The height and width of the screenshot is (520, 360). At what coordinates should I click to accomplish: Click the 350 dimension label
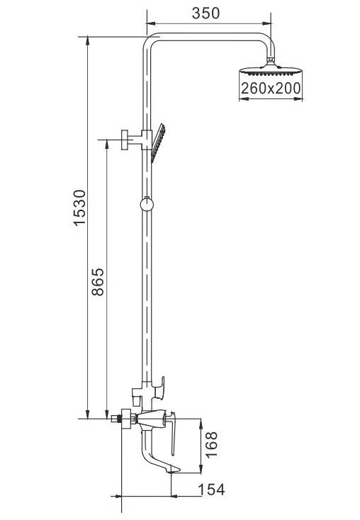pos(206,13)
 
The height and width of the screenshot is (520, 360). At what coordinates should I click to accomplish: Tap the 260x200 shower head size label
pos(271,89)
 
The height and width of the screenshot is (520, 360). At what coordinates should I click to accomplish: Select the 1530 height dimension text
pos(79,208)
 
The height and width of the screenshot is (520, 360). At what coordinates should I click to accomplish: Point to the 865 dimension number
pos(98,282)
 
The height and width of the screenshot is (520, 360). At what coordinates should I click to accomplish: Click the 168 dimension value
pos(211,445)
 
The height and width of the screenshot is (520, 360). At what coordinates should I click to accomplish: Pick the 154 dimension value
pos(211,490)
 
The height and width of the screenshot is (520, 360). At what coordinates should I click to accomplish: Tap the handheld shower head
pos(158,143)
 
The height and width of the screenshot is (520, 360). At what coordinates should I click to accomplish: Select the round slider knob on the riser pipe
pos(147,205)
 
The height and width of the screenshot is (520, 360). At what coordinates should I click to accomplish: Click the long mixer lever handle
pos(172,434)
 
